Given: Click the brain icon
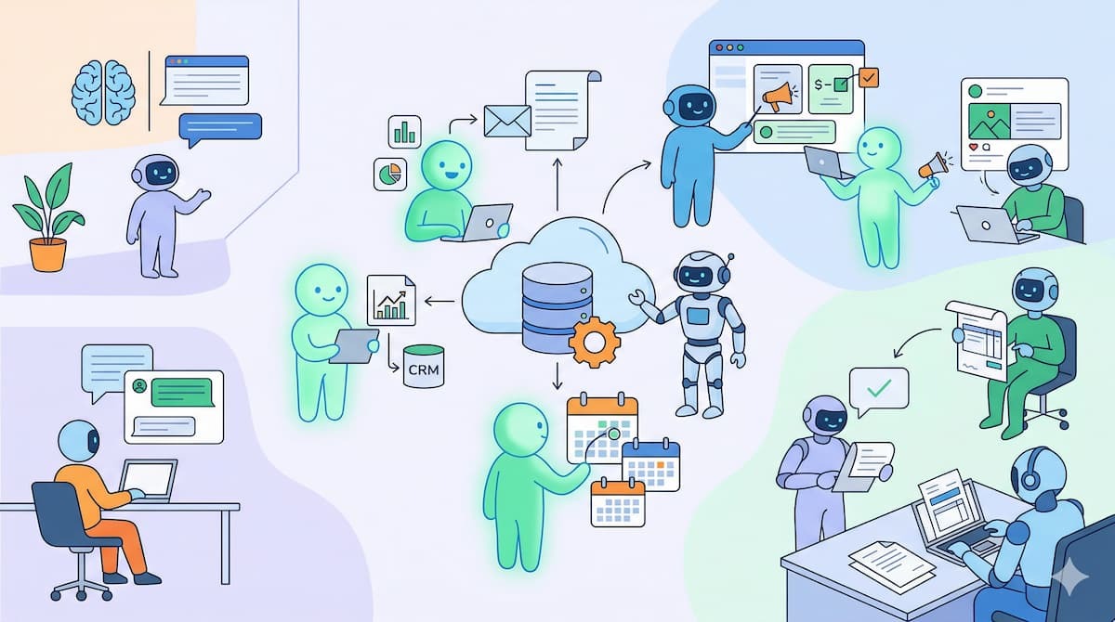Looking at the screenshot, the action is pos(103,93).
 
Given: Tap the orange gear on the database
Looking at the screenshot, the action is pos(595,342).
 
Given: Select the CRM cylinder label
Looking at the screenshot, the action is pos(424,369).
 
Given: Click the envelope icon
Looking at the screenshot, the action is pos(507,121).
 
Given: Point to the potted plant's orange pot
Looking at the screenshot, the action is pos(47,254).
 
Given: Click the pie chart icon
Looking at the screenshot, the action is pos(390,175).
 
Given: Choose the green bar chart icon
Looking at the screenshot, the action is pos(405,132).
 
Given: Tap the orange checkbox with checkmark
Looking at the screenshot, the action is pos(869,78).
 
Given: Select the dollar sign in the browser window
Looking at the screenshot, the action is pos(819,84).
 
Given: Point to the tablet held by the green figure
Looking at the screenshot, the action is pos(354,345).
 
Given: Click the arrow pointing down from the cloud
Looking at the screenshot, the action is pos(557,376).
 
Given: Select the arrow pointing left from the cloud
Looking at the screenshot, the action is pos(439,302).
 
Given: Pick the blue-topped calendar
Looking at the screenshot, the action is pos(651,465).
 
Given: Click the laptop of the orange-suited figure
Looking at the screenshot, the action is pos(149,481).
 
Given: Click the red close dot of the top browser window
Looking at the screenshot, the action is pos(719,47).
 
